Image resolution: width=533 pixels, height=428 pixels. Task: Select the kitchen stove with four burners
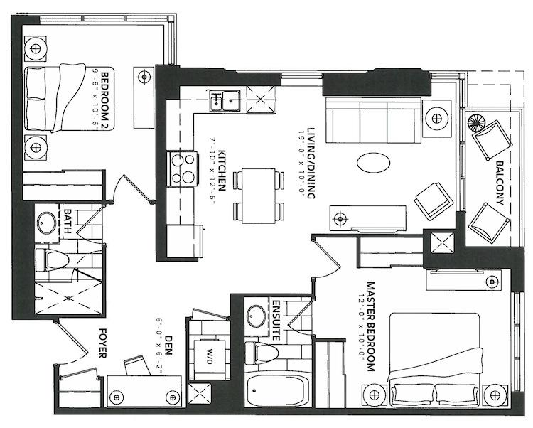point(181,170)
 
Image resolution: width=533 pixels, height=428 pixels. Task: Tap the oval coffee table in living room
point(372,162)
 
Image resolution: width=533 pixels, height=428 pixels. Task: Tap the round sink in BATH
point(48,223)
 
